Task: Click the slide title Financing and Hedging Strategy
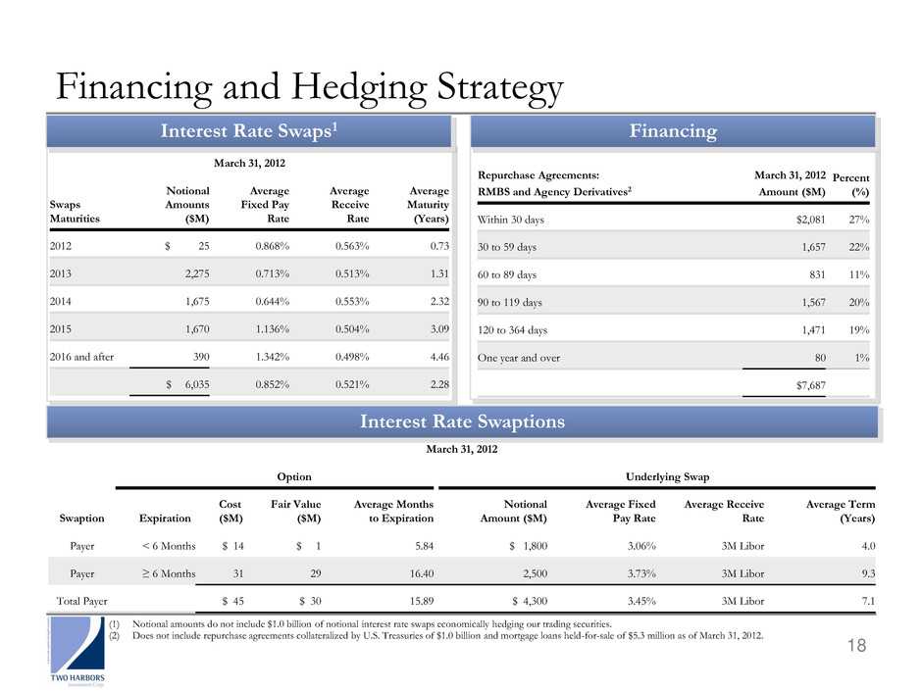[x=309, y=87]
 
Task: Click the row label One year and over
[x=519, y=358]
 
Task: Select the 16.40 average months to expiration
[x=415, y=568]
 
